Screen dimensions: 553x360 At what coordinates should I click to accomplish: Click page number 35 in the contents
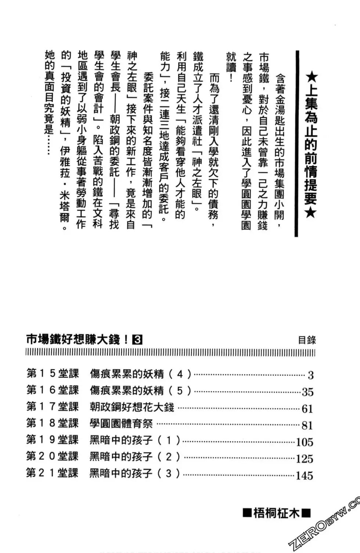coord(307,392)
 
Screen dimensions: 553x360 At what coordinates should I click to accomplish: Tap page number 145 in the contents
coord(305,475)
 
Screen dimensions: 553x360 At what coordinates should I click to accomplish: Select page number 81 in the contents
coord(307,425)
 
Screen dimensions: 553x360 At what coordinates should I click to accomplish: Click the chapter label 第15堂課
coord(53,373)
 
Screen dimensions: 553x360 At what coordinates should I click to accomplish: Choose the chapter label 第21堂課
coord(52,473)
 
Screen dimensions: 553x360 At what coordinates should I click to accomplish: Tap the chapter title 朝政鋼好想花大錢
coord(132,407)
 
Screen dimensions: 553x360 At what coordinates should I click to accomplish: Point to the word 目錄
coord(307,340)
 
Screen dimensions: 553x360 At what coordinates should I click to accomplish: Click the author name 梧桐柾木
coord(276,513)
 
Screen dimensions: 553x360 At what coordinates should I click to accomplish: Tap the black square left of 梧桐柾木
coord(247,513)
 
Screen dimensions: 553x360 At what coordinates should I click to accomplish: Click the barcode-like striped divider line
coord(170,353)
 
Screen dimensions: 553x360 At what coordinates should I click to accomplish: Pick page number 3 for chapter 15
coord(310,375)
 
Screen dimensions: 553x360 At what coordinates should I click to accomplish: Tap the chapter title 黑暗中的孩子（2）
coord(134,457)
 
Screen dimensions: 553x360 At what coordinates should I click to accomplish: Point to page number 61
coord(307,409)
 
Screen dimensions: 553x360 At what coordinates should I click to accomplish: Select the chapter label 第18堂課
coord(52,423)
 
